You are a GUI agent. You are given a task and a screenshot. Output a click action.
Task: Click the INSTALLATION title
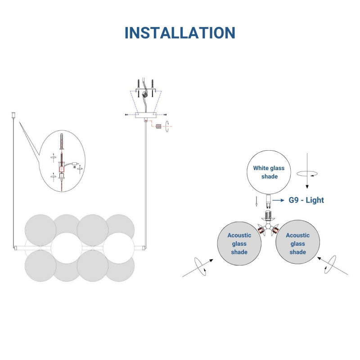[180, 32]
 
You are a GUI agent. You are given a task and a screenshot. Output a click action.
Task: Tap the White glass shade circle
[269, 172]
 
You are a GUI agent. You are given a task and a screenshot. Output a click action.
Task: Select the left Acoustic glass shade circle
[239, 243]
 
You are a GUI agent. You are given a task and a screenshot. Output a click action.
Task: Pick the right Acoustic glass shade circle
[297, 242]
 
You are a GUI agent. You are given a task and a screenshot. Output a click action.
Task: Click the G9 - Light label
[306, 200]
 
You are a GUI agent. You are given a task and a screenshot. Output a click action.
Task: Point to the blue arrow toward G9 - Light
[278, 200]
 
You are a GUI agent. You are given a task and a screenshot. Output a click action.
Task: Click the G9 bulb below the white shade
[268, 201]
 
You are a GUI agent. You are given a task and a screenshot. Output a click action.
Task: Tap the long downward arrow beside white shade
[307, 171]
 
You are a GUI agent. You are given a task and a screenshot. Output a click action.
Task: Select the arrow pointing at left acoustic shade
[198, 268]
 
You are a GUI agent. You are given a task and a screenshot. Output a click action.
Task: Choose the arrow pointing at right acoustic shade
[333, 266]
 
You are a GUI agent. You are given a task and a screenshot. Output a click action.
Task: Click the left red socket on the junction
[261, 230]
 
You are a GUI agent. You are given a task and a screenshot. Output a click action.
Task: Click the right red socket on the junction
[275, 230]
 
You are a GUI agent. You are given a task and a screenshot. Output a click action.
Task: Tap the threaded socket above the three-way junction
[268, 215]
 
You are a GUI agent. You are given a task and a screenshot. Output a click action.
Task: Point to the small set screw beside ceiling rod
[158, 126]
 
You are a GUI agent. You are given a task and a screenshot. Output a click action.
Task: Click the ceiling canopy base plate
[146, 115]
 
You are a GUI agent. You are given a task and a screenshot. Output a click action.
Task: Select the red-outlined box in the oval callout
[62, 170]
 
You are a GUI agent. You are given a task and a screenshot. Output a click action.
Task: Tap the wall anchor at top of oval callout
[61, 141]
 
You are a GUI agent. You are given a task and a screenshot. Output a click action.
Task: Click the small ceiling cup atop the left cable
[13, 115]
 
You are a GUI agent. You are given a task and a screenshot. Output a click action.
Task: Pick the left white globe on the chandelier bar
[66, 248]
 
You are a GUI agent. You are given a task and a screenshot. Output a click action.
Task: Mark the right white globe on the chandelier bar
[118, 248]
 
